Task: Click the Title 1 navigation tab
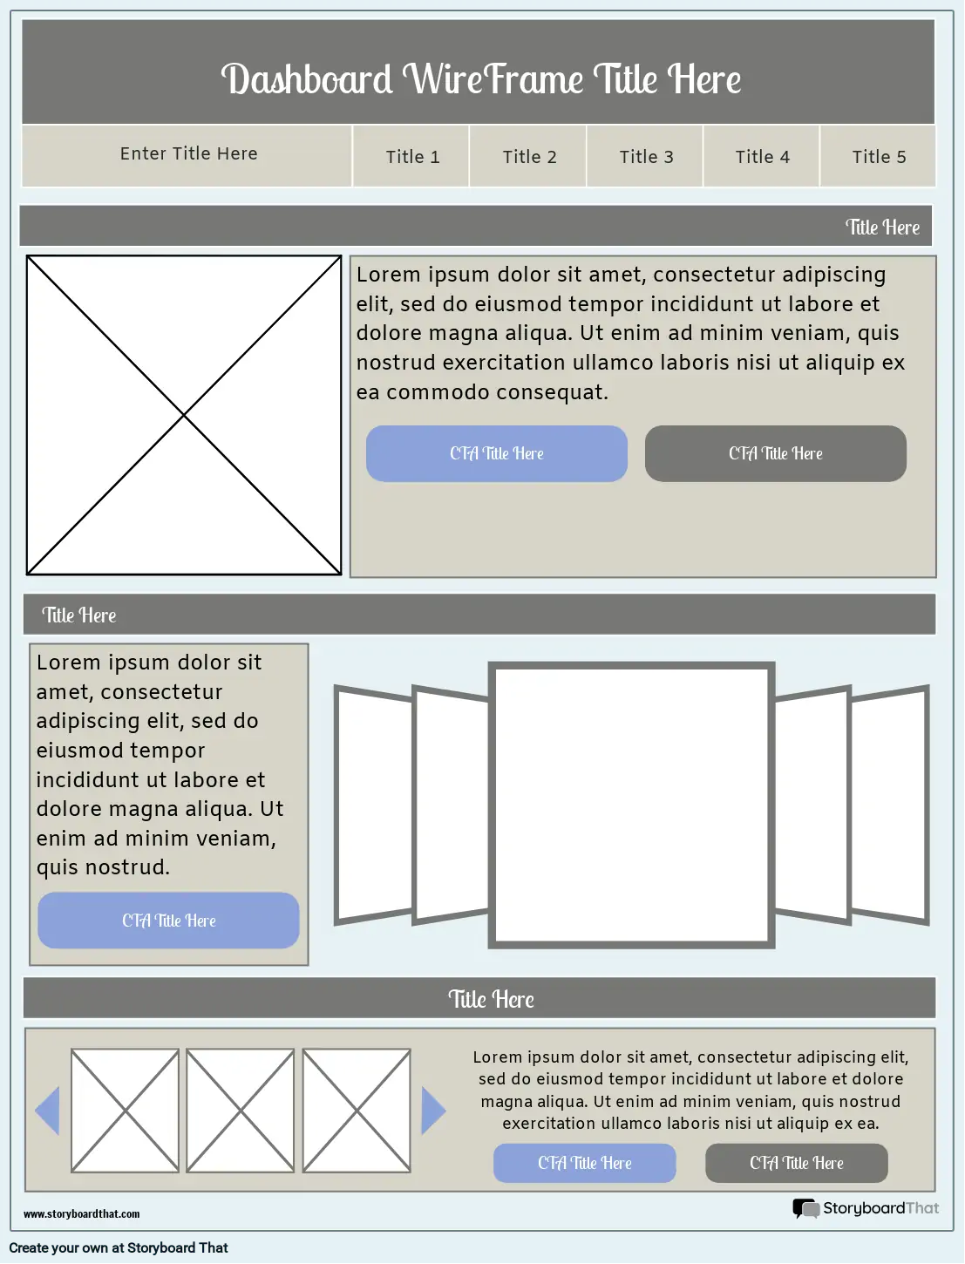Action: [x=412, y=157]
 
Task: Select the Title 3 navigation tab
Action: [x=646, y=157]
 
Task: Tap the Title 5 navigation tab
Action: [x=879, y=157]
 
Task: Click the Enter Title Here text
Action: [x=188, y=153]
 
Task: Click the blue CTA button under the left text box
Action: [x=168, y=921]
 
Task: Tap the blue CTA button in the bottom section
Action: [x=584, y=1163]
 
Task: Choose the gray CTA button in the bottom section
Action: [x=796, y=1163]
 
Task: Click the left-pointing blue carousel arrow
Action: [x=48, y=1111]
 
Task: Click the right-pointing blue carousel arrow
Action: [x=432, y=1111]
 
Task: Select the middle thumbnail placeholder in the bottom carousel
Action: [x=241, y=1111]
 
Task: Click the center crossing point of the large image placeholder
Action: [x=184, y=416]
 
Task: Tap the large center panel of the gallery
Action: [x=631, y=805]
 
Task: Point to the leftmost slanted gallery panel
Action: [x=373, y=805]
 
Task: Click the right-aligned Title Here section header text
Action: [x=882, y=228]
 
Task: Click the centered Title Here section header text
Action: [x=491, y=999]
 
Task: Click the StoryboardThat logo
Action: [x=865, y=1208]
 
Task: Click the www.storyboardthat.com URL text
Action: [x=81, y=1213]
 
